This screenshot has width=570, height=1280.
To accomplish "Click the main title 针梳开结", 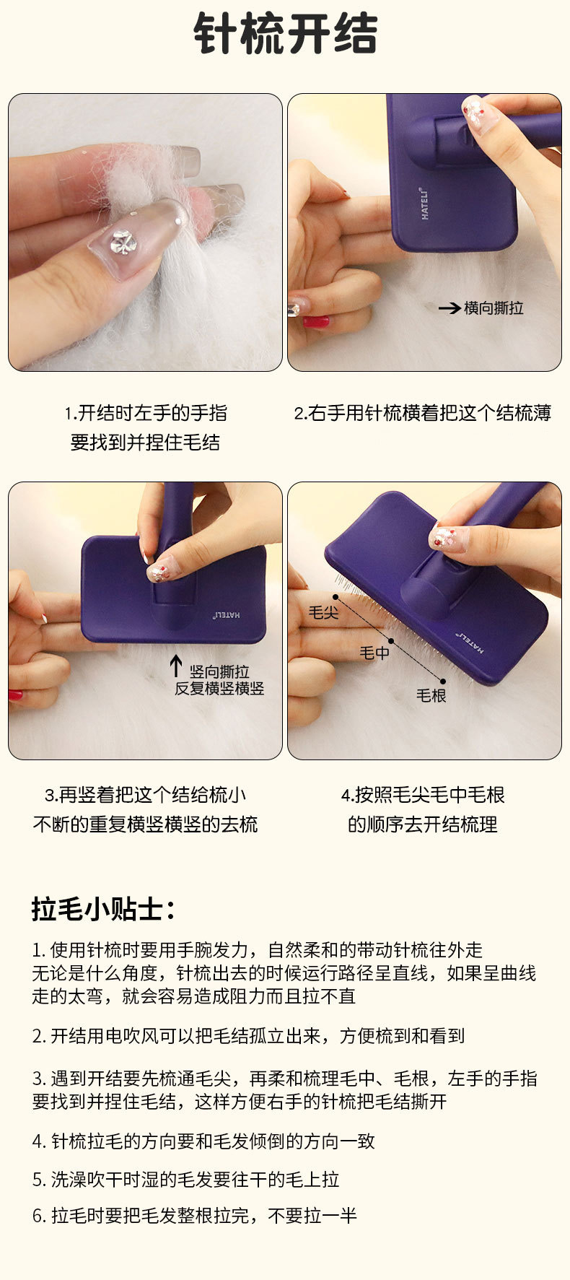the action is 286,33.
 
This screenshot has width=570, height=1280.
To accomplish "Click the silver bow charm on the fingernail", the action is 123,241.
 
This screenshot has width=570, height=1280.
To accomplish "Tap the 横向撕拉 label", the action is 494,308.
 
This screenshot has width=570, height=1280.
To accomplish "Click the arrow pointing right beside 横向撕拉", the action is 450,308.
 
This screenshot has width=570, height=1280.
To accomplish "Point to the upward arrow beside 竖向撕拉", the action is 176,666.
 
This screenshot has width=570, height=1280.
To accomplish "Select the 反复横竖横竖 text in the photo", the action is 219,688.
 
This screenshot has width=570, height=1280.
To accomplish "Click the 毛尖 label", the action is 323,613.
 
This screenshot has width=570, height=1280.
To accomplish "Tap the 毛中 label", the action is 374,653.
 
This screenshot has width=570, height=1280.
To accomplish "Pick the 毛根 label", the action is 431,695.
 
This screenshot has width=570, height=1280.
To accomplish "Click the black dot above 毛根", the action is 443,681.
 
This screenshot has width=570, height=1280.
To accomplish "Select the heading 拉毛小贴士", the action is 103,909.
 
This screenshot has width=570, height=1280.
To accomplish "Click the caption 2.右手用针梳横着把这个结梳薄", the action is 423,413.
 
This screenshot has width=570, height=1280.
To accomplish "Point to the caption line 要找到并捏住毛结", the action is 145,443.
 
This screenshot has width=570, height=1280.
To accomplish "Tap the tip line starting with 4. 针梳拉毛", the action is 203,1141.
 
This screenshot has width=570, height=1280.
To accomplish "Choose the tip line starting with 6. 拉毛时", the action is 195,1216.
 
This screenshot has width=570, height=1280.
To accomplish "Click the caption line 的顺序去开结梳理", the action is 423,824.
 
